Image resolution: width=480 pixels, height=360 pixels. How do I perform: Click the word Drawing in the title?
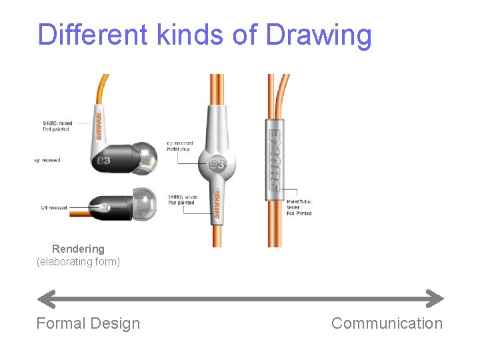pos(319,35)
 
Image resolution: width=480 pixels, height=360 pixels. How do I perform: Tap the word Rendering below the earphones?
pos(78,249)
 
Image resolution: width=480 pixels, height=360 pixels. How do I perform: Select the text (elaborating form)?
pos(78,262)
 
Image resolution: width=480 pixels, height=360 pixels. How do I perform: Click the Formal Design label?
pos(88,323)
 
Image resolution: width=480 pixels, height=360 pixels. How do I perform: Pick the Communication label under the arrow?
pos(387,323)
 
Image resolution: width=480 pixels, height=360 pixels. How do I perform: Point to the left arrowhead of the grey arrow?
pos(45,298)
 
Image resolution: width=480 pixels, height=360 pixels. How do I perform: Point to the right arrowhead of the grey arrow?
pos(435,298)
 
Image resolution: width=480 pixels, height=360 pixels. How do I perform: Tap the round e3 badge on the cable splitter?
pos(217,165)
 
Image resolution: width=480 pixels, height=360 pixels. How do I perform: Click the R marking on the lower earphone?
pos(106,206)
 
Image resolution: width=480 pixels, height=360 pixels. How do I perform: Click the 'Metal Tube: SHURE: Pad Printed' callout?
pos(299,207)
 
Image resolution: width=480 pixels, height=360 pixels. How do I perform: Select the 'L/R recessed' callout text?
pos(54,208)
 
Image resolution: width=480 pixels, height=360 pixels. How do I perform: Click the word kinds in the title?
pos(191,35)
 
